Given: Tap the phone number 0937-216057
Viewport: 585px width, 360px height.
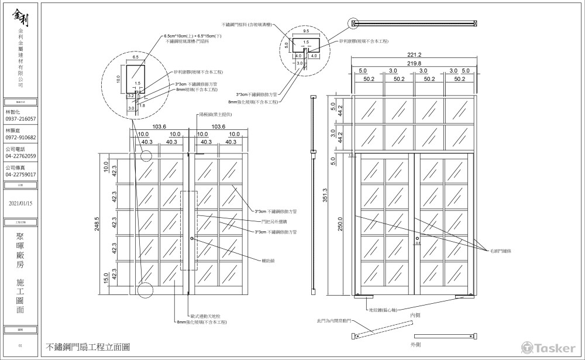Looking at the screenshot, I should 20,119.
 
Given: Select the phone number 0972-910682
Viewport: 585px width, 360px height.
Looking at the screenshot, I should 20,138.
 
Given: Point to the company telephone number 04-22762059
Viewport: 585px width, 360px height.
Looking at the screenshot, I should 20,156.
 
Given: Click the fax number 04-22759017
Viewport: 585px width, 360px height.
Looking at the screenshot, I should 20,174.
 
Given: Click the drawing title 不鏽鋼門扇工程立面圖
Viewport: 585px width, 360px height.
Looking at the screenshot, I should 88,347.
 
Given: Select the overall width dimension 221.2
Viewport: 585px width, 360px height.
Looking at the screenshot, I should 415,54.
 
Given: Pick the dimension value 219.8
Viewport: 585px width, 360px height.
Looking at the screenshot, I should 415,63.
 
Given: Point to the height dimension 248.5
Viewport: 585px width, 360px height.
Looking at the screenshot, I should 97,224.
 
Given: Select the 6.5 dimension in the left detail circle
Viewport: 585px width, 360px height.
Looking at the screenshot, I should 135,58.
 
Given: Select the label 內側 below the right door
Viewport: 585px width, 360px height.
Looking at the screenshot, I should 415,315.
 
